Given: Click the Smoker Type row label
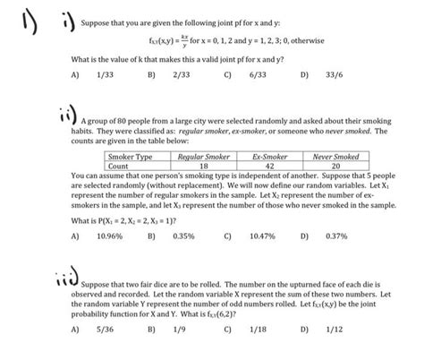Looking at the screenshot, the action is click(x=131, y=157).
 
